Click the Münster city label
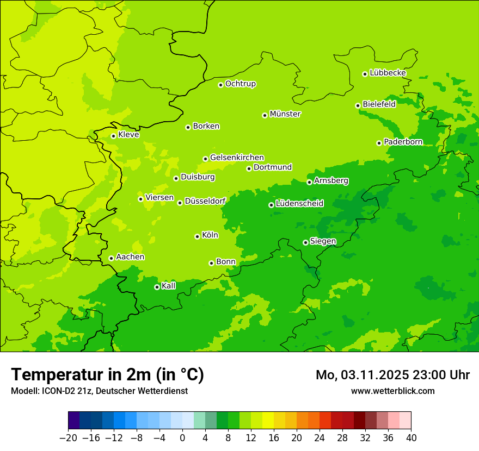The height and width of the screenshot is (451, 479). (x=285, y=114)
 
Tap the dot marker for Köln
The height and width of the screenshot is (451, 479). (x=197, y=236)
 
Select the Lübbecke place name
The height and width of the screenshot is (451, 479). (x=388, y=73)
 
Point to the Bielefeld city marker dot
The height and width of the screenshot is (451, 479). (x=358, y=105)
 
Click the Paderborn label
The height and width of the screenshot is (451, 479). (x=403, y=142)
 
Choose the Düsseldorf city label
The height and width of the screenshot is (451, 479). (x=205, y=201)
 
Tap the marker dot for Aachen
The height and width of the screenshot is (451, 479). (x=111, y=258)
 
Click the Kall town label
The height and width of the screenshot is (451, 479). (x=169, y=286)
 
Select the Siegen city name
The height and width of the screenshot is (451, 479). (x=323, y=241)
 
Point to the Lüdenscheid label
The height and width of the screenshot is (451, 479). (x=299, y=204)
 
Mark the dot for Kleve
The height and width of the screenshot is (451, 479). (x=113, y=136)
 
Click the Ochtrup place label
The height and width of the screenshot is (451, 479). (x=240, y=84)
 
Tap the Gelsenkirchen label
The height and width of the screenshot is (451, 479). (x=237, y=158)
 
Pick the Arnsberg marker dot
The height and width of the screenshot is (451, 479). (x=309, y=182)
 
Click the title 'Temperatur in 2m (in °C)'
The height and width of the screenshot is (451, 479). (x=107, y=374)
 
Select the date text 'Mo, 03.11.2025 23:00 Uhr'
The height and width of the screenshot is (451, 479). (x=392, y=375)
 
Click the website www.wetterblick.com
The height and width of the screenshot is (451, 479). (x=392, y=391)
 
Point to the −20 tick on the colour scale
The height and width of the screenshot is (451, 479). (x=68, y=437)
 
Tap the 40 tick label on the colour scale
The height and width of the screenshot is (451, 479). (x=411, y=437)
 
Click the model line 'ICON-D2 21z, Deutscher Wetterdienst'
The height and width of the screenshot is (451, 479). (x=99, y=391)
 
